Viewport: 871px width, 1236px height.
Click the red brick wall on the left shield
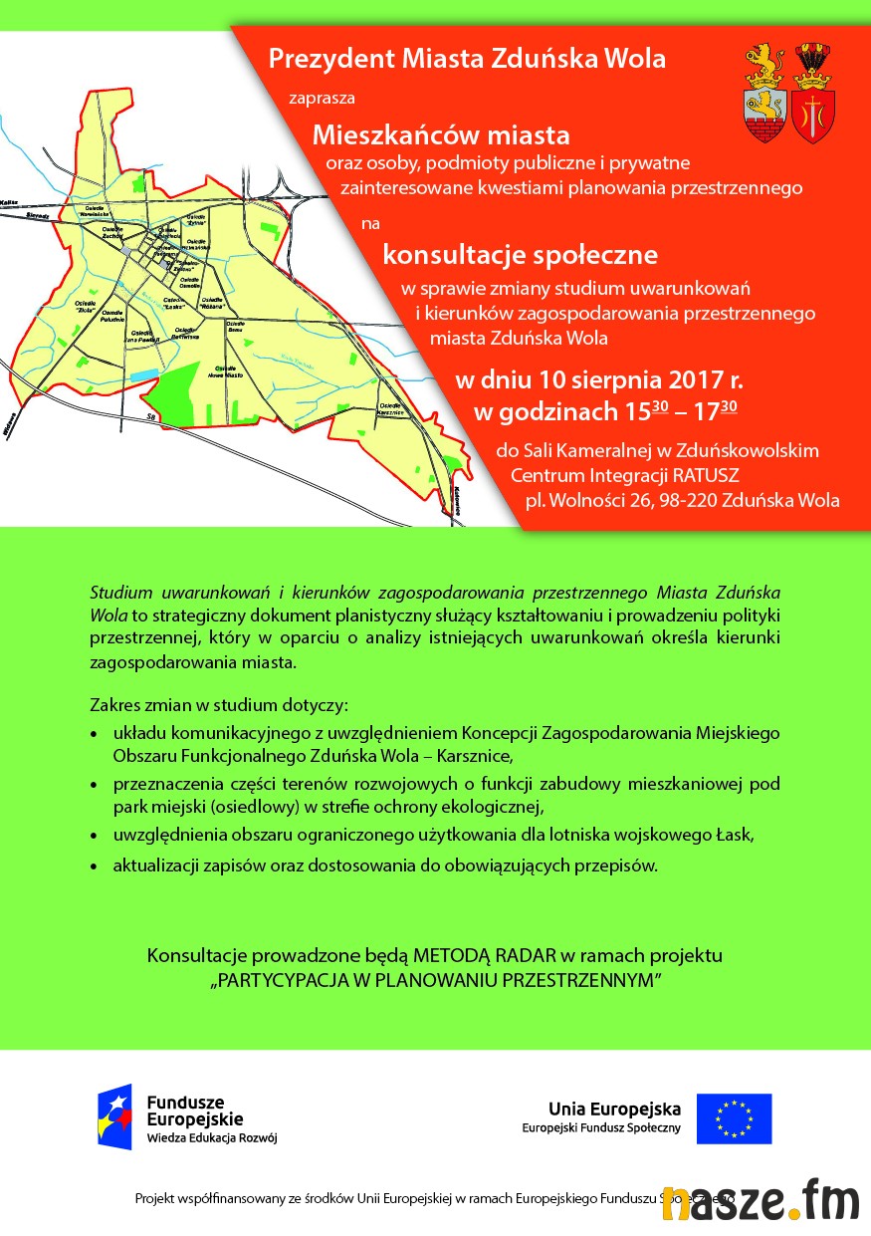[x=765, y=126]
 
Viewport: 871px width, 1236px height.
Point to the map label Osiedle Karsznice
[x=389, y=409]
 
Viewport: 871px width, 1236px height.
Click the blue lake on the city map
[x=145, y=374]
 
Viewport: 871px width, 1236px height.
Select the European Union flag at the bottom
[x=734, y=1117]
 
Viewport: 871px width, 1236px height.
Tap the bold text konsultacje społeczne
[x=521, y=255]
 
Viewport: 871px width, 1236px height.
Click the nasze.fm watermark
[x=761, y=1199]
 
